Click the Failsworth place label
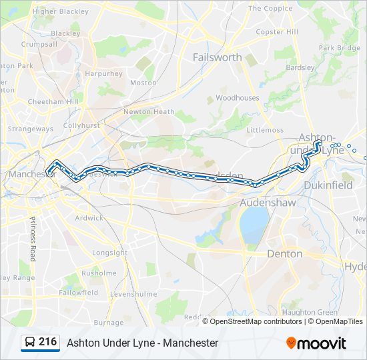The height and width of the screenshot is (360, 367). pyautogui.click(x=217, y=57)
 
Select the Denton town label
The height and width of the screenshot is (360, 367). pyautogui.click(x=284, y=254)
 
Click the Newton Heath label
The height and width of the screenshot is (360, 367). pyautogui.click(x=149, y=112)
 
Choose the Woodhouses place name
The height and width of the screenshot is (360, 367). pyautogui.click(x=237, y=97)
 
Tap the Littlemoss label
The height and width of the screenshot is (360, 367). pyautogui.click(x=265, y=130)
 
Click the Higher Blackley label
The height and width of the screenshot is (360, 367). pyautogui.click(x=60, y=12)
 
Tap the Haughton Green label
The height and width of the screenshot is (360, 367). pyautogui.click(x=309, y=312)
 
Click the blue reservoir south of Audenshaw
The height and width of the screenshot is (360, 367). pyautogui.click(x=253, y=225)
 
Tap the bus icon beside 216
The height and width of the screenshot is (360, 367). pyautogui.click(x=30, y=343)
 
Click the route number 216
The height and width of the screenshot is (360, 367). pyautogui.click(x=47, y=342)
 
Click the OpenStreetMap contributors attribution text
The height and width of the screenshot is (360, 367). pyautogui.click(x=256, y=321)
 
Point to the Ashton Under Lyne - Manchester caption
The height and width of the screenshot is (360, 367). pyautogui.click(x=142, y=343)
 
